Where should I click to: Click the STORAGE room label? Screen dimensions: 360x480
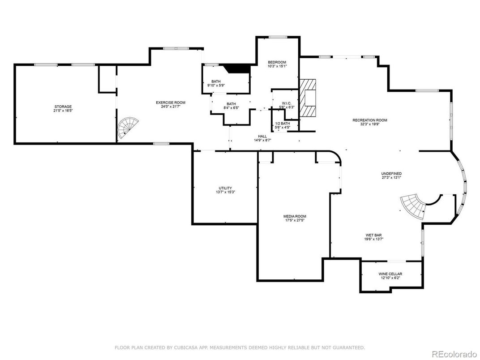tap(63, 107)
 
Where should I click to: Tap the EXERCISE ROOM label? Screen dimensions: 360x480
tap(170, 103)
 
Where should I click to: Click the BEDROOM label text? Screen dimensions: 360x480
tap(277, 62)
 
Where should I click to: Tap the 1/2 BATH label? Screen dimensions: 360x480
tap(282, 124)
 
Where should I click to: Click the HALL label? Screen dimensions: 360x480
tap(262, 136)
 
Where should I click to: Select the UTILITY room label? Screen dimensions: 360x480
tap(225, 188)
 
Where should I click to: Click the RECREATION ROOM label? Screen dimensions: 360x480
tap(369, 120)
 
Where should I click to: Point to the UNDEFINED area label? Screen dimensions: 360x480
tap(391, 174)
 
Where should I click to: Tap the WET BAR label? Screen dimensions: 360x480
tap(373, 235)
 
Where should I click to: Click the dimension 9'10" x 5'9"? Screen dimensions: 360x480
tap(216, 85)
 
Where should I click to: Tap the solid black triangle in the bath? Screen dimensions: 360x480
tap(237, 68)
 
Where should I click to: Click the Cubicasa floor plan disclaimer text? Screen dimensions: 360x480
tap(240, 347)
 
